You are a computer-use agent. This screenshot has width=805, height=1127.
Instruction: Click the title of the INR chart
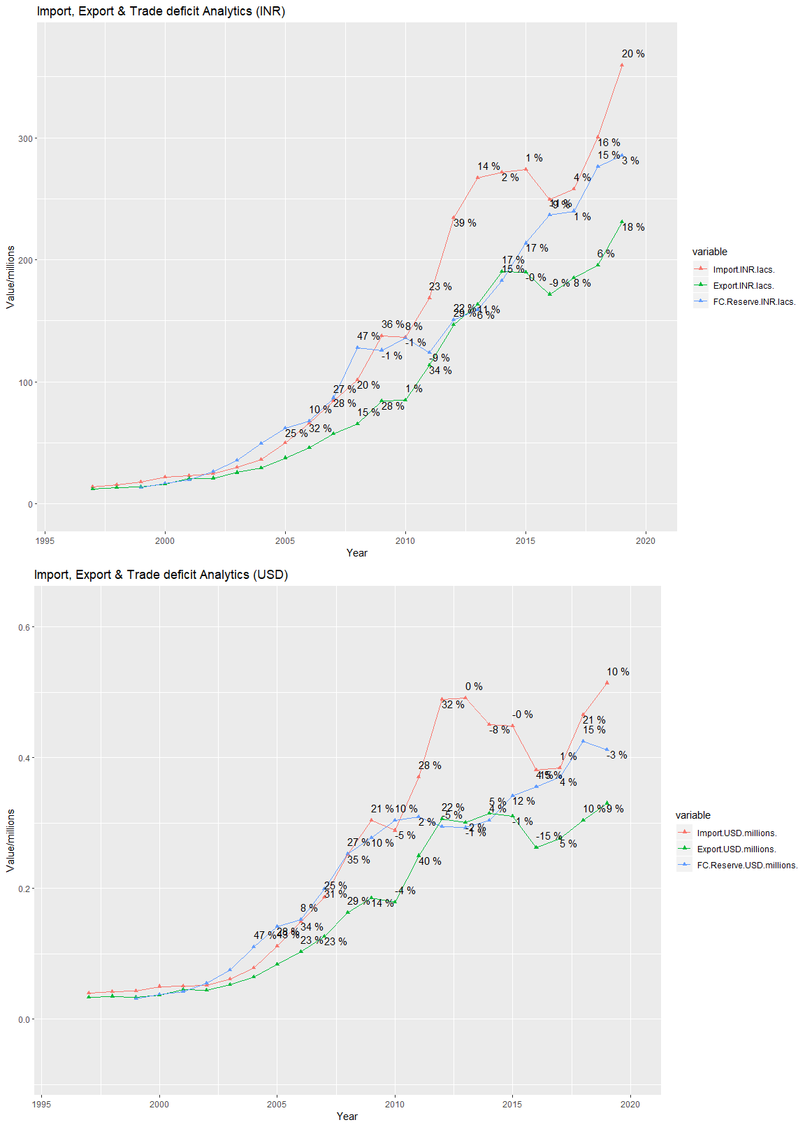click(x=161, y=11)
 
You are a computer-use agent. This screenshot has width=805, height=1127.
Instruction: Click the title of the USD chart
click(x=161, y=575)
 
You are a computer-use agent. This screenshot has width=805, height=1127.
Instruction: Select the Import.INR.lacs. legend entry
click(x=744, y=269)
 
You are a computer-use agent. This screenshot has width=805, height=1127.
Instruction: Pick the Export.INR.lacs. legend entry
click(x=744, y=286)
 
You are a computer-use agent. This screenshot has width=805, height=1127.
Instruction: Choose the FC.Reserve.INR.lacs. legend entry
click(x=754, y=302)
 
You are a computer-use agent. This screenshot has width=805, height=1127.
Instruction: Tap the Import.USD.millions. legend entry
click(x=737, y=833)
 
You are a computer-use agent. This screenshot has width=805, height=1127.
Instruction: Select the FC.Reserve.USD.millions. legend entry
click(x=747, y=866)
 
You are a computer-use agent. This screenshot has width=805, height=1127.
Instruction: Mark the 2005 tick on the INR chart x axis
click(x=284, y=540)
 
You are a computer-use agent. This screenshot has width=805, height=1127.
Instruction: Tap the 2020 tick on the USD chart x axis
click(x=630, y=1105)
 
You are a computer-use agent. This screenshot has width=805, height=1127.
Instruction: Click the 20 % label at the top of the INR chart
click(x=633, y=54)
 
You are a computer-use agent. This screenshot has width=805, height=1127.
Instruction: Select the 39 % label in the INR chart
click(x=465, y=223)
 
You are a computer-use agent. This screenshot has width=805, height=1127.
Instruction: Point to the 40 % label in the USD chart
click(x=430, y=861)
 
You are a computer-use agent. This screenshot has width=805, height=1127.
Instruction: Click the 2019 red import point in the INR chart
click(x=622, y=65)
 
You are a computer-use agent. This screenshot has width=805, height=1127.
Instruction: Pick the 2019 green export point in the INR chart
click(x=622, y=222)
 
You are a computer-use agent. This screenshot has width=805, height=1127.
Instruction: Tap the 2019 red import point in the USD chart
click(x=607, y=682)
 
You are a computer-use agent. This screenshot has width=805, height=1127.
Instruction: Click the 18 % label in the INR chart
click(x=633, y=227)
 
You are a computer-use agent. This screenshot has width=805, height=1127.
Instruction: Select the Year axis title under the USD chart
click(x=347, y=1117)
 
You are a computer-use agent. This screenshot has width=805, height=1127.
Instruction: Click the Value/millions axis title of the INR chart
click(x=10, y=277)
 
